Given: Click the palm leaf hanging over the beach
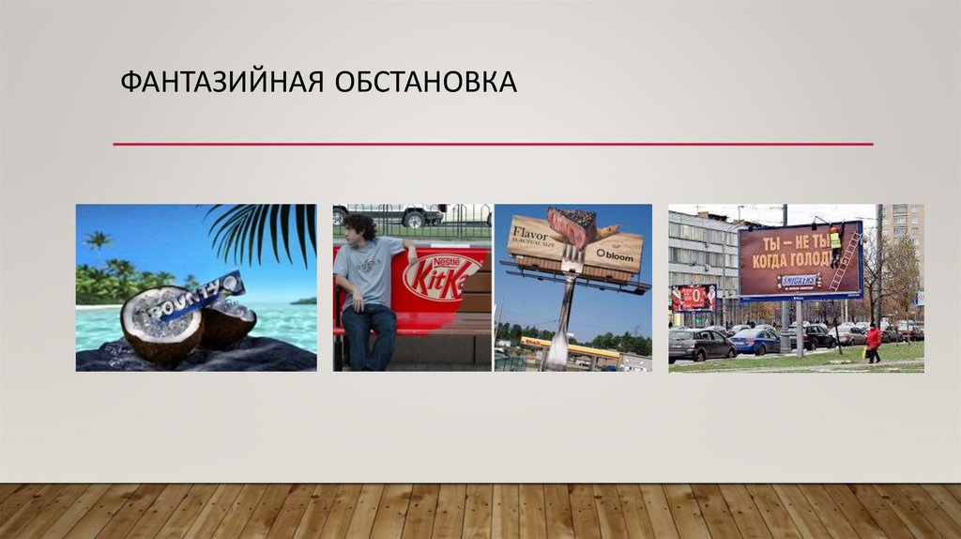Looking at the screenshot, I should (x=267, y=229).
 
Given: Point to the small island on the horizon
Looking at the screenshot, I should (x=303, y=300).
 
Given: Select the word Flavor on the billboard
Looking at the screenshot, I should (x=530, y=230).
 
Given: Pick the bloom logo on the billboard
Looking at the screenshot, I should (x=615, y=254).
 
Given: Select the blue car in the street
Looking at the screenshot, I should (x=755, y=342).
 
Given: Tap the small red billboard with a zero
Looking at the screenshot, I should (x=693, y=299).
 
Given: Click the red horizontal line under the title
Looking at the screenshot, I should (x=493, y=144).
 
